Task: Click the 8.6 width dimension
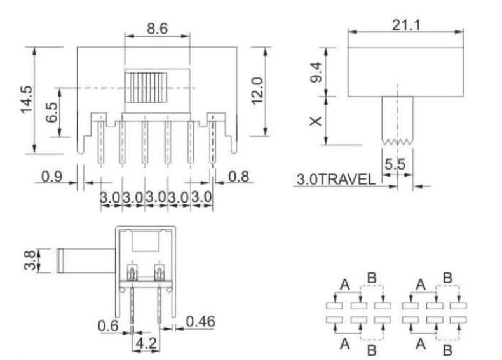(x=157, y=29)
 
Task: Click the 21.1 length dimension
(x=407, y=25)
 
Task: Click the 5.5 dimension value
(x=395, y=163)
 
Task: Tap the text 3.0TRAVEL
(x=335, y=180)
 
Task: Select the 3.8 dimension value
(x=27, y=260)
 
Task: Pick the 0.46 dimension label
(x=200, y=322)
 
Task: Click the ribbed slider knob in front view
(x=146, y=88)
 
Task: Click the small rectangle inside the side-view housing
(x=146, y=242)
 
